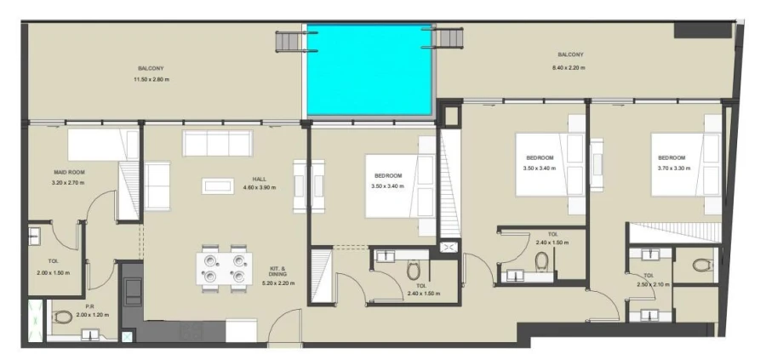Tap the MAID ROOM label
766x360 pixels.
[69, 173]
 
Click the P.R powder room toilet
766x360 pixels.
[63, 317]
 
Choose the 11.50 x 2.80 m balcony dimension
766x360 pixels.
[151, 79]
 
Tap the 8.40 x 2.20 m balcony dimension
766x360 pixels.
[569, 67]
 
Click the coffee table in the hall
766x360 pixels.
[217, 185]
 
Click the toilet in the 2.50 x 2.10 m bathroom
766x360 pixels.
[701, 266]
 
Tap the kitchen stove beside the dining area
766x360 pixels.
[134, 292]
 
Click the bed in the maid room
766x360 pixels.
[103, 144]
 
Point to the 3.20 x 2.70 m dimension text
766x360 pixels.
[69, 183]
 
